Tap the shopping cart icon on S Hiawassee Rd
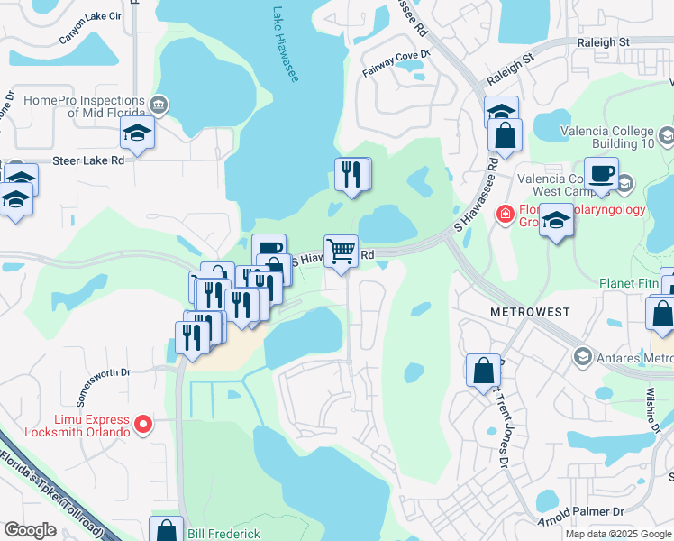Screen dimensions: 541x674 [x=341, y=252]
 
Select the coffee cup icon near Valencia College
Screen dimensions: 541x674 [x=601, y=172]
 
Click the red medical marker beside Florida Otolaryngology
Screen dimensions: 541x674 [x=505, y=214]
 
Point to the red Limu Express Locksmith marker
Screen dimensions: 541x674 [x=142, y=423]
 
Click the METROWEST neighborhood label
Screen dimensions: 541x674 [x=530, y=312]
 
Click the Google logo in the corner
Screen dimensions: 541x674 [x=30, y=530]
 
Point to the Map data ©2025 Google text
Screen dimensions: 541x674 [x=616, y=534]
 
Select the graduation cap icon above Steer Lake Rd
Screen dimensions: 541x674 [x=138, y=133]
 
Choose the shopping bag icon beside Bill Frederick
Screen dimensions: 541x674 [x=166, y=531]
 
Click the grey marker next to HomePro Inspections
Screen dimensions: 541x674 [x=159, y=105]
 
